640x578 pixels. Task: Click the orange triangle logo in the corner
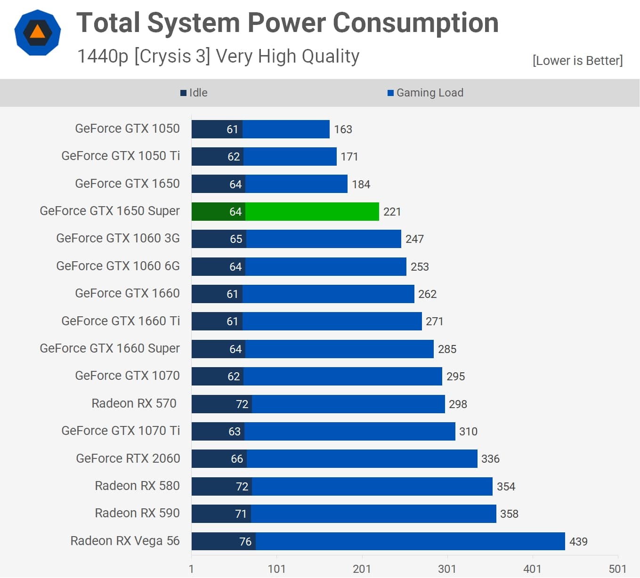(x=38, y=32)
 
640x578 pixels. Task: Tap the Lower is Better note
(x=577, y=61)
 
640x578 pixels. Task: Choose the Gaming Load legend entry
(x=425, y=93)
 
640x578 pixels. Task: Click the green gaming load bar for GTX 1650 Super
(x=312, y=212)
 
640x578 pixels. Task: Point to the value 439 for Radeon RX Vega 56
(x=578, y=542)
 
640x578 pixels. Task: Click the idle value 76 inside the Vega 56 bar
(x=245, y=542)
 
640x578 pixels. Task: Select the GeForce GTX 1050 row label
(x=127, y=128)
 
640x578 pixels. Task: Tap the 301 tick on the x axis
(x=447, y=569)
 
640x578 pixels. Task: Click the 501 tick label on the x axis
(x=617, y=569)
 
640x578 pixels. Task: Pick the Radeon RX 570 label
(x=134, y=403)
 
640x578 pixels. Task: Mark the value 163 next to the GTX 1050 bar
(x=343, y=129)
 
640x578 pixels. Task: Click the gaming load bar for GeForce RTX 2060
(x=362, y=459)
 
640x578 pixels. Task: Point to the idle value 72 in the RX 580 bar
(x=242, y=487)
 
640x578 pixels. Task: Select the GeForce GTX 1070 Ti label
(x=121, y=431)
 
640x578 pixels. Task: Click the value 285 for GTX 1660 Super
(x=447, y=349)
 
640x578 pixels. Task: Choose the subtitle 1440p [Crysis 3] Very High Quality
(x=218, y=56)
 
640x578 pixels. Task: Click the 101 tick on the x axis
(x=276, y=569)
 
